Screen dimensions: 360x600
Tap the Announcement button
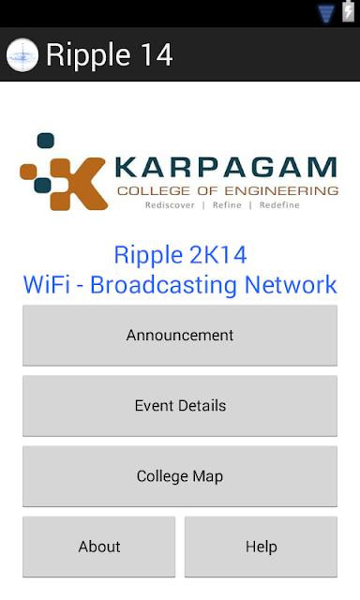(180, 336)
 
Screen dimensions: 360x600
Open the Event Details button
(180, 406)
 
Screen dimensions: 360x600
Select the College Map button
(180, 476)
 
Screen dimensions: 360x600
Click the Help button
(261, 547)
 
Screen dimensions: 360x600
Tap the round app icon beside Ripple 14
(22, 55)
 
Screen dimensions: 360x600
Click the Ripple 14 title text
(110, 55)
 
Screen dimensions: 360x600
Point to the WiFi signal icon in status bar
(326, 14)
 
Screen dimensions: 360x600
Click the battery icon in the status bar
(348, 11)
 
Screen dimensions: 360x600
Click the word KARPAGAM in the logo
(226, 167)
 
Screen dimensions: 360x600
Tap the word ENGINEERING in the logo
(281, 190)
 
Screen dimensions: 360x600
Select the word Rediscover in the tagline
(170, 205)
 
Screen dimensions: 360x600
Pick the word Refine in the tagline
(227, 205)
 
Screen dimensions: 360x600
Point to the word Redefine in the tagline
(279, 205)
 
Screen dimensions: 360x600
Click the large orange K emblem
(79, 184)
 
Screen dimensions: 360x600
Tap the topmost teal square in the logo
(46, 140)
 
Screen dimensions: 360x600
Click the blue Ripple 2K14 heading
(180, 255)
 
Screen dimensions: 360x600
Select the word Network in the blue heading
(291, 285)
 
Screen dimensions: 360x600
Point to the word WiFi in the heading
(47, 285)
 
